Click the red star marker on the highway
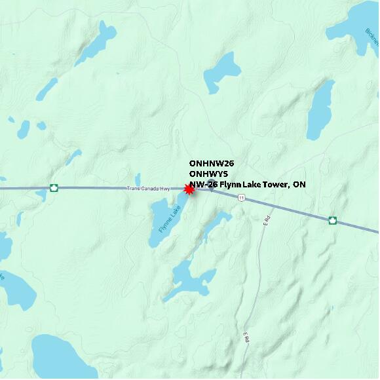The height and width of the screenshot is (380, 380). [x=189, y=189]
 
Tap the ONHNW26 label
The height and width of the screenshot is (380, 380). [x=212, y=163]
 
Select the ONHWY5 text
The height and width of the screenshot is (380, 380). [x=208, y=174]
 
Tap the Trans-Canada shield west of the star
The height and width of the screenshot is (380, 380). [x=54, y=188]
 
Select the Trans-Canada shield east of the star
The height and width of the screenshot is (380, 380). [x=332, y=220]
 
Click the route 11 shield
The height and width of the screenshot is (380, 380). [x=242, y=198]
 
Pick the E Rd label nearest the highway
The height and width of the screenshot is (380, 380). [x=267, y=221]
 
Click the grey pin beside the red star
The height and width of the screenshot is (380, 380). [x=211, y=184]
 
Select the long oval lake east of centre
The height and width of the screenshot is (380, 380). [x=320, y=109]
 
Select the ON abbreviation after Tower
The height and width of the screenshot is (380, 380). [x=299, y=185]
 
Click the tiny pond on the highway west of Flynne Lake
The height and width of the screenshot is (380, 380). [x=138, y=179]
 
